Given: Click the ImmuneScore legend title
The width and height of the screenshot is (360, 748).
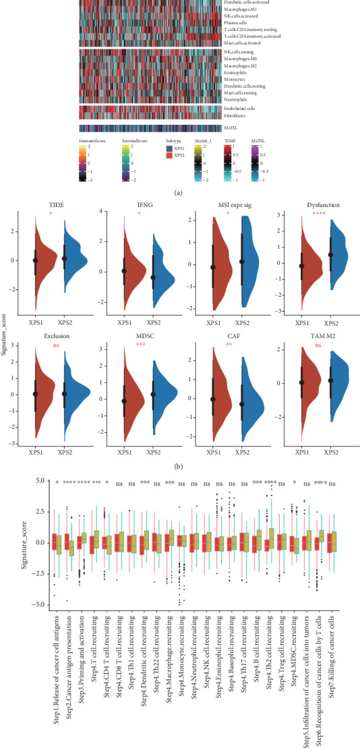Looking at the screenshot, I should click(x=93, y=141).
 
